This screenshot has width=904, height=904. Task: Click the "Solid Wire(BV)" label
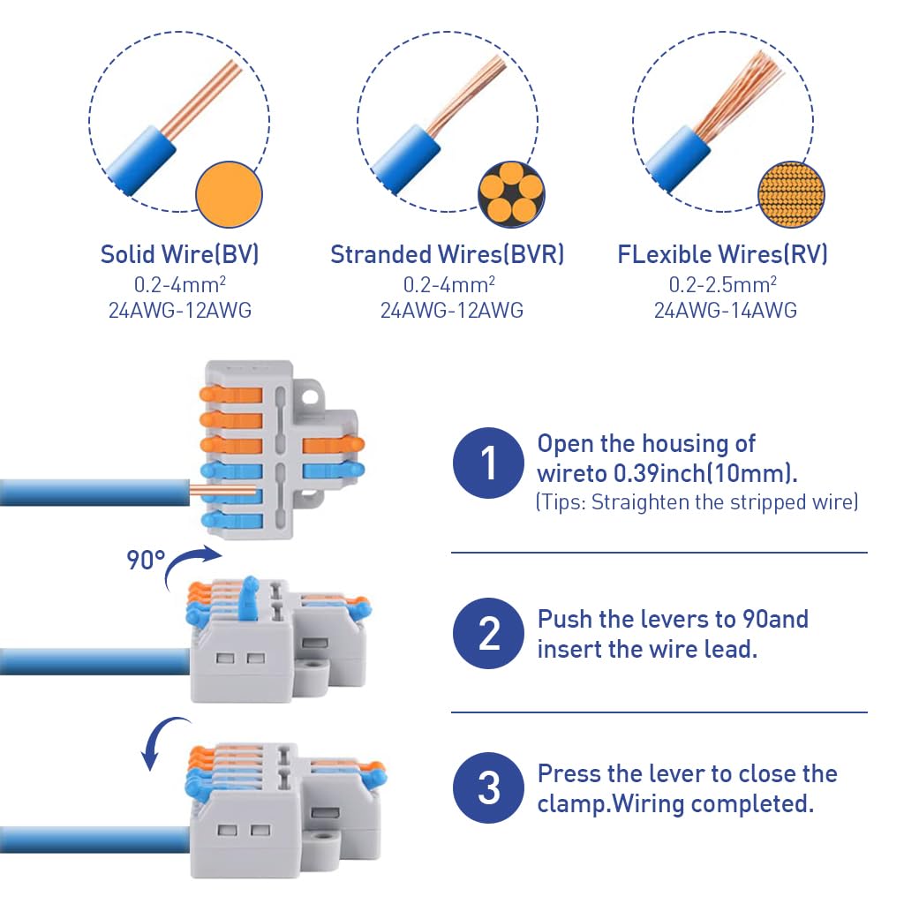click(x=179, y=254)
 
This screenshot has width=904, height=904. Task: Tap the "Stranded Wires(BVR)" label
click(x=447, y=254)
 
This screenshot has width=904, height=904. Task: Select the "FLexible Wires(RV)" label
click(x=723, y=254)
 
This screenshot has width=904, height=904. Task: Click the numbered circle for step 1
click(x=488, y=463)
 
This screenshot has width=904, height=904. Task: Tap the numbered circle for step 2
click(x=488, y=633)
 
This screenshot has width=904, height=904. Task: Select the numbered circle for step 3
click(x=488, y=787)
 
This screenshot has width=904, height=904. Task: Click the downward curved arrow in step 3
click(x=162, y=740)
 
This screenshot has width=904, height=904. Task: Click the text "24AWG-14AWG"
click(x=725, y=310)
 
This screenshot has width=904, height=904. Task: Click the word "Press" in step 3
click(x=569, y=773)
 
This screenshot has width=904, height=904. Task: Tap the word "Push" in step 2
click(x=564, y=619)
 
